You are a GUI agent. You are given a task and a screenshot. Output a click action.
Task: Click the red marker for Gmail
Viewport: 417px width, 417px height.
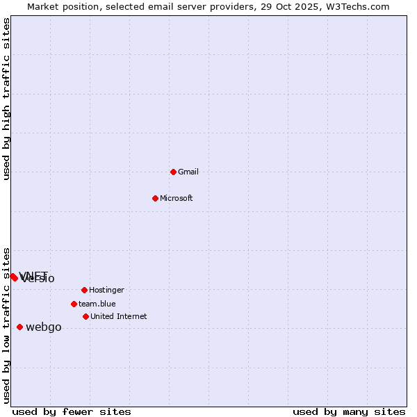coord(173,172)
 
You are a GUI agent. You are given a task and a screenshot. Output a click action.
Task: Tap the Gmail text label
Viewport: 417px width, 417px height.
coord(188,172)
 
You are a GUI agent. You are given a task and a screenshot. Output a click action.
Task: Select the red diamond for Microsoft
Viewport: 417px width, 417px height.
coord(155,198)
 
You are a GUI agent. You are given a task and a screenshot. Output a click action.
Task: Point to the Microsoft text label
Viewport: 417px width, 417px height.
coord(177,198)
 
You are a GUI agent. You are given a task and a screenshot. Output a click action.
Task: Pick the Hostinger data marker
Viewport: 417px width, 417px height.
coord(84,290)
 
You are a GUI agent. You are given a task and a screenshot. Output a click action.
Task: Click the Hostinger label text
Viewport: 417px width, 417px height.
coord(106,290)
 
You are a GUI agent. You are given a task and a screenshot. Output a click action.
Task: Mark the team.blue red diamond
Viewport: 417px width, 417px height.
coord(74,304)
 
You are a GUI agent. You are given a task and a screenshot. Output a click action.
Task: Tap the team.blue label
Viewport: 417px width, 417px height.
coord(97,304)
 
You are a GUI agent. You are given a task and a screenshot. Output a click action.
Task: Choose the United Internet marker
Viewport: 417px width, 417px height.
coord(85,316)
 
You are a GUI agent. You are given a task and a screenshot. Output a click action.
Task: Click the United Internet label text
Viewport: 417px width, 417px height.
coord(119,316)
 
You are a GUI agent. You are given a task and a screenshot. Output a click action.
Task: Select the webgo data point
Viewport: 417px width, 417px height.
coord(19,327)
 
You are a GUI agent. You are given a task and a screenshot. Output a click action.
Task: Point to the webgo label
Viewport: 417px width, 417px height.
coord(44,327)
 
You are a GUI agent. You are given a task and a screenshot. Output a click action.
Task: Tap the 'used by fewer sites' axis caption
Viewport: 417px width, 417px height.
coord(72,411)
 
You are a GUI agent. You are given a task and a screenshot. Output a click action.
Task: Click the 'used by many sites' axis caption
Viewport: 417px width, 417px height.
coord(349,411)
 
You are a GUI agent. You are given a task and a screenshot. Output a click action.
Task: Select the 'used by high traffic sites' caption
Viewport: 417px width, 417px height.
coord(7,99)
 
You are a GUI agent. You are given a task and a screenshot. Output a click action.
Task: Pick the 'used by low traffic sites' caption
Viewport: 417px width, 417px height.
coord(7,325)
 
